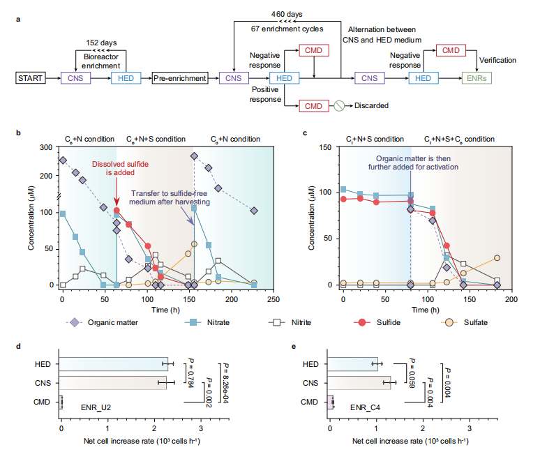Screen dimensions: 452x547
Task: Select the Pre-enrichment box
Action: [179, 78]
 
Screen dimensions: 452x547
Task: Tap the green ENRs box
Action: [479, 78]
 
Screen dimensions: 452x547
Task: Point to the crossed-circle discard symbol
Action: [338, 106]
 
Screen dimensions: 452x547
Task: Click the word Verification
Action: [497, 61]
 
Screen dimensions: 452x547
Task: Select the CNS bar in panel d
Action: [114, 382]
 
